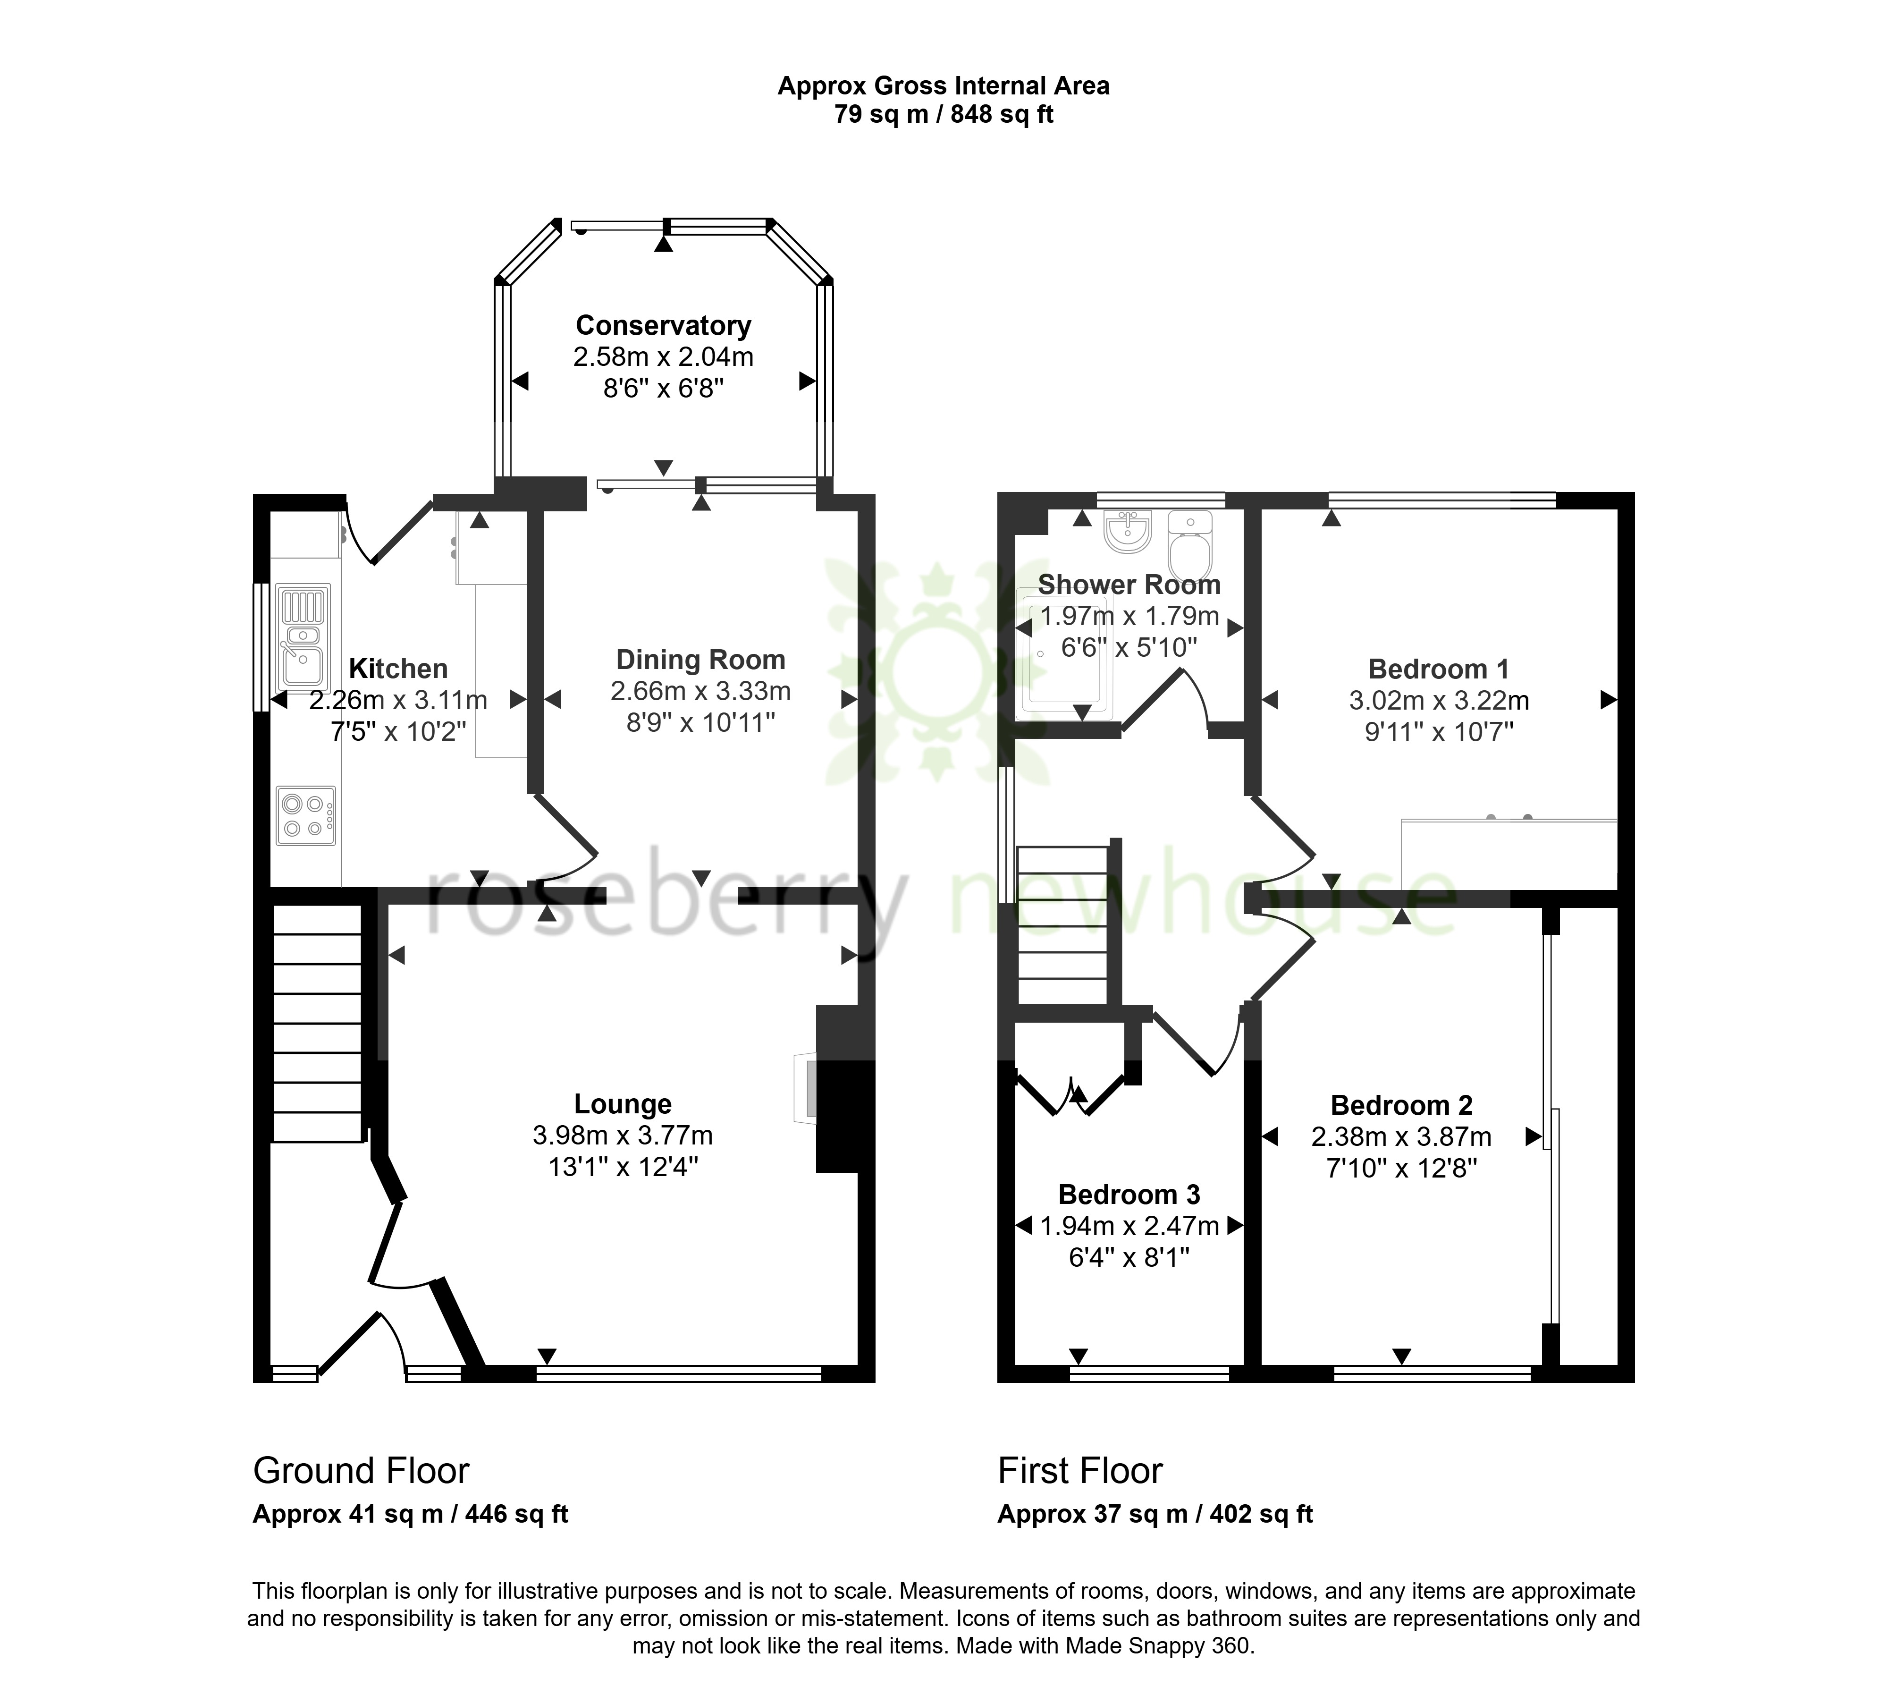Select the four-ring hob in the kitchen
pos(305,816)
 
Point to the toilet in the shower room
pos(1191,544)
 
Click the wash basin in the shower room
pos(1129,529)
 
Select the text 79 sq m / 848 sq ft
pos(944,115)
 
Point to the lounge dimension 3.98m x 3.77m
pos(623,1136)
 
